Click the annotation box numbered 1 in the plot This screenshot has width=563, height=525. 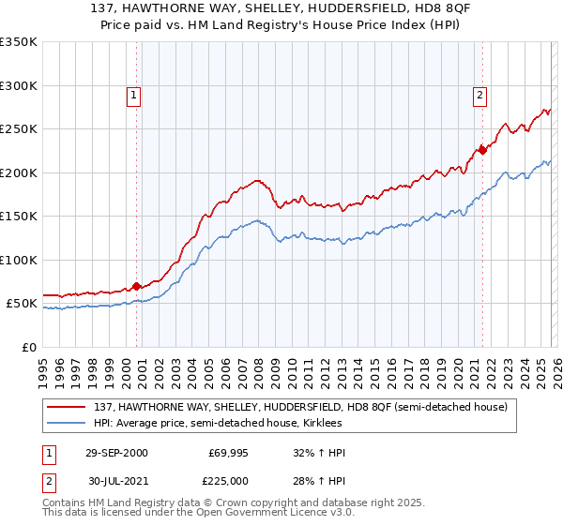[134, 95]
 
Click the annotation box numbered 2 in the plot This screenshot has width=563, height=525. [479, 95]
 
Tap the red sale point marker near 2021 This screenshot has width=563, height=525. [482, 149]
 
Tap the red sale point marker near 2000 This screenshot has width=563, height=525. [137, 286]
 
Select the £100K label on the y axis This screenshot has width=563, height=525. [19, 260]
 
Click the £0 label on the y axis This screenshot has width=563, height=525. [28, 347]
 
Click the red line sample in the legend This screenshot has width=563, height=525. [68, 407]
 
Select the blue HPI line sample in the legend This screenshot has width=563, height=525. [68, 424]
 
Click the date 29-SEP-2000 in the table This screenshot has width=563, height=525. [116, 453]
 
